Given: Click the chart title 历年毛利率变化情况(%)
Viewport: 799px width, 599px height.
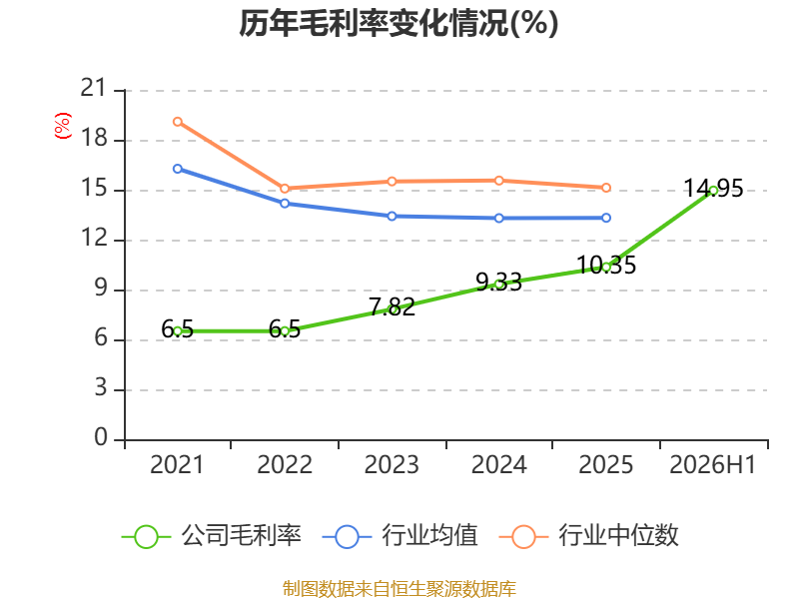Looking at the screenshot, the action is pyautogui.click(x=399, y=23).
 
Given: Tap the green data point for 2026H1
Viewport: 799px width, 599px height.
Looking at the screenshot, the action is pyautogui.click(x=713, y=191).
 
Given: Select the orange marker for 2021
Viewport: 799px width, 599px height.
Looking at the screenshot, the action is pyautogui.click(x=178, y=122).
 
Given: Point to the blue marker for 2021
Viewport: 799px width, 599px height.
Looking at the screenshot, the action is pyautogui.click(x=178, y=169).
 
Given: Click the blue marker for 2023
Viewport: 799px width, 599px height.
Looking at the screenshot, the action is pyautogui.click(x=392, y=217).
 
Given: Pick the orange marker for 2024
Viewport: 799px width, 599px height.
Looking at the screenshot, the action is pyautogui.click(x=498, y=181).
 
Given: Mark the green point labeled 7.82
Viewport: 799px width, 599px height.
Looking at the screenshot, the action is pyautogui.click(x=392, y=309).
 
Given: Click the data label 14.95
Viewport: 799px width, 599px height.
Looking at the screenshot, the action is pyautogui.click(x=713, y=189).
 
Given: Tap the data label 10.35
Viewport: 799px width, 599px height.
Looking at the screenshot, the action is pyautogui.click(x=606, y=265).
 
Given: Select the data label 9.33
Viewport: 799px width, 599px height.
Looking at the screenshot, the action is pyautogui.click(x=498, y=283).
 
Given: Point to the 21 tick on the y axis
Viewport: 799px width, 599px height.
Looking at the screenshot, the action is pyautogui.click(x=94, y=88).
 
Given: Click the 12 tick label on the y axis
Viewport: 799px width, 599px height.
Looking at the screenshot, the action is pyautogui.click(x=94, y=238).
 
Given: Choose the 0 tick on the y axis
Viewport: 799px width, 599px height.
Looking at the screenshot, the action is pyautogui.click(x=101, y=437).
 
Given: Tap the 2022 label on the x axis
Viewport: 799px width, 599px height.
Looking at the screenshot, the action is pyautogui.click(x=285, y=464).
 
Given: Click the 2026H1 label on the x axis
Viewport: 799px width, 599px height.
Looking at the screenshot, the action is pyautogui.click(x=712, y=464).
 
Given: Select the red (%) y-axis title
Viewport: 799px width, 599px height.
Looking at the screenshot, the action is pyautogui.click(x=63, y=126).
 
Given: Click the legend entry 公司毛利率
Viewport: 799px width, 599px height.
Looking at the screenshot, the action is pyautogui.click(x=212, y=536).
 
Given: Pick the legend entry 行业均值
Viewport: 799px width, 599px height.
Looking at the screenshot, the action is pyautogui.click(x=400, y=536).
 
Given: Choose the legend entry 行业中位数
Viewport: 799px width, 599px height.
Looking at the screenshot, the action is pyautogui.click(x=589, y=536).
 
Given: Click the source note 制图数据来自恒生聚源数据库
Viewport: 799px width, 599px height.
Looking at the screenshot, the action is pyautogui.click(x=399, y=589).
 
